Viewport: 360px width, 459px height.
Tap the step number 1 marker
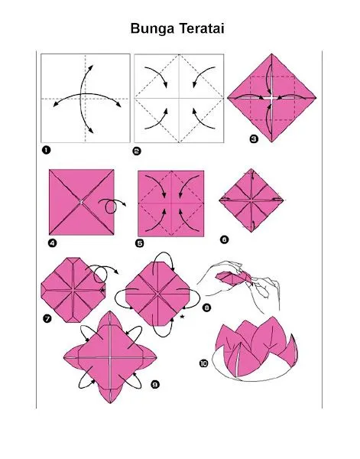click(x=46, y=149)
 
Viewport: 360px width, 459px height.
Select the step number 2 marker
click(x=137, y=150)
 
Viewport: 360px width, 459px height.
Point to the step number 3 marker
click(x=254, y=138)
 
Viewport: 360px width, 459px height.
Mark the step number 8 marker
click(x=207, y=307)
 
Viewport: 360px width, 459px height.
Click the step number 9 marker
click(x=154, y=386)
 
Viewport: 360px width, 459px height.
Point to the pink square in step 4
click(x=80, y=203)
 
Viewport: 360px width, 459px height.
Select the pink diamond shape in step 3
click(x=271, y=98)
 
